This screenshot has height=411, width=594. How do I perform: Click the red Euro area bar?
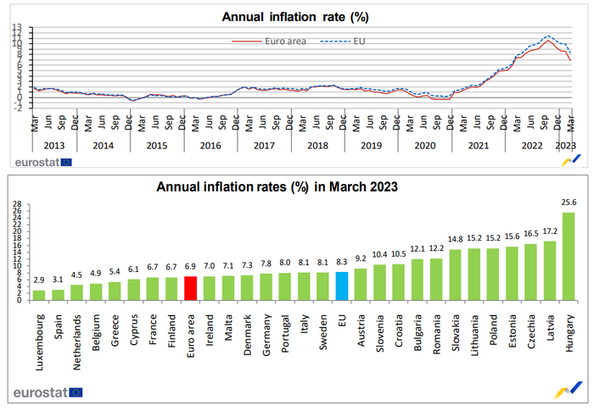pos(190,288)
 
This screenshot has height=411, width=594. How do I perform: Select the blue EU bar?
pos(341,286)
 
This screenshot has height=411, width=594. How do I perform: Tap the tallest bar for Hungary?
pos(568,256)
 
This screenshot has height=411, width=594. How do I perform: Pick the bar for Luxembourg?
pos(39,295)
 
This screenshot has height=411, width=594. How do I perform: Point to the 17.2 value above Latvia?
pos(549,232)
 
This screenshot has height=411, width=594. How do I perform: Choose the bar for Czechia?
pos(530,272)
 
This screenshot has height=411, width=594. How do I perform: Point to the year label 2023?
pos(565,145)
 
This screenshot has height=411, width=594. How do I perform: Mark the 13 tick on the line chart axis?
pos(16,28)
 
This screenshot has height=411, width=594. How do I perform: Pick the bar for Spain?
pos(58,294)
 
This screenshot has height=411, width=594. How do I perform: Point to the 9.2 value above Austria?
pos(360,259)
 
